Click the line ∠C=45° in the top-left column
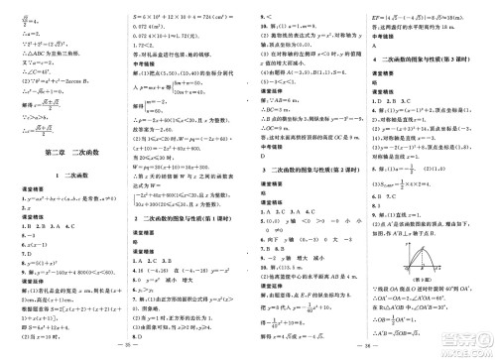[x=36, y=72]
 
